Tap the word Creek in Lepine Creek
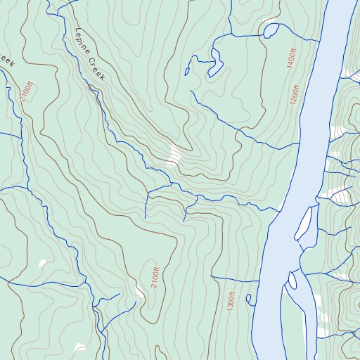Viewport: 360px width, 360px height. (96, 67)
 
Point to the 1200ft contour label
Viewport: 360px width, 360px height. (295, 94)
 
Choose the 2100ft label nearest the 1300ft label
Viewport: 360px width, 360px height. (155, 274)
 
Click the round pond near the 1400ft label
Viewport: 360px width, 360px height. (269, 30)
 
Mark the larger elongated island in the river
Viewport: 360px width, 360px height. (304, 223)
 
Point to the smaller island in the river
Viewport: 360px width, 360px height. (292, 279)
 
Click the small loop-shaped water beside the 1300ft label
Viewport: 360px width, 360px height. (250, 300)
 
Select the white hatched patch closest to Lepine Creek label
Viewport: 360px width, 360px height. (174, 154)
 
